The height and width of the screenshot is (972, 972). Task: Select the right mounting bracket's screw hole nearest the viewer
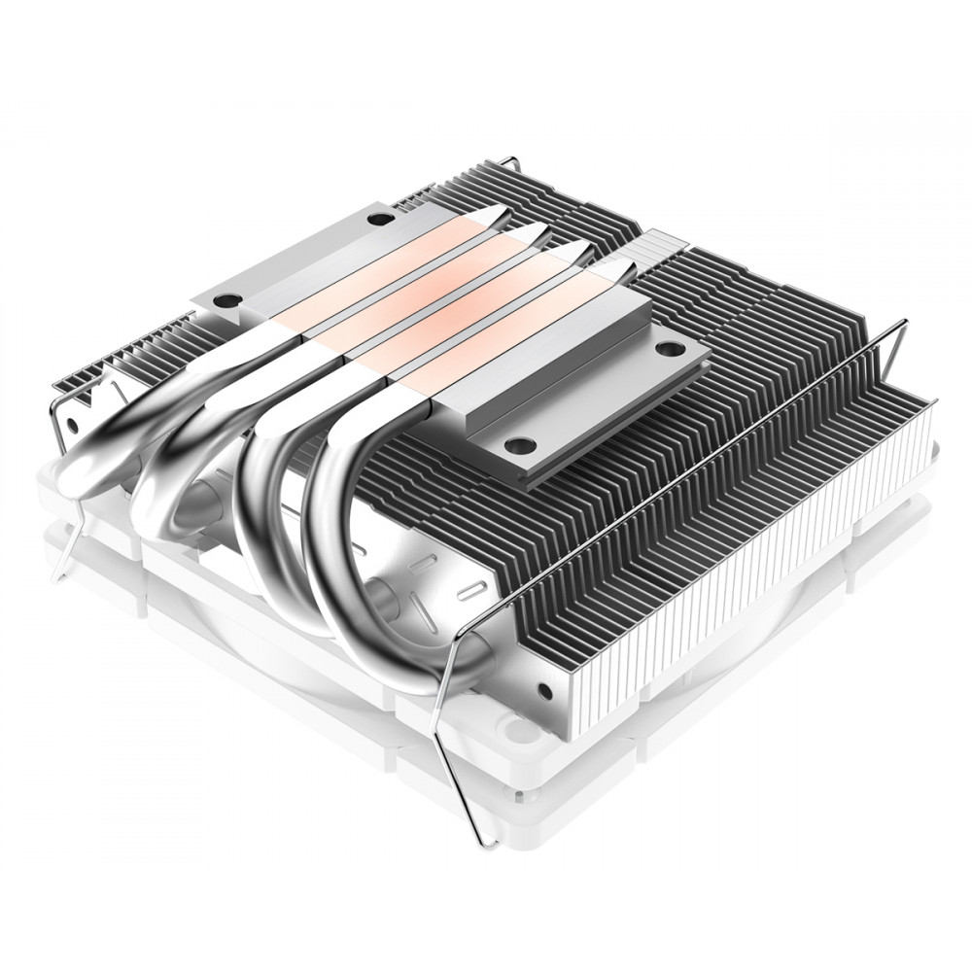(x=520, y=445)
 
